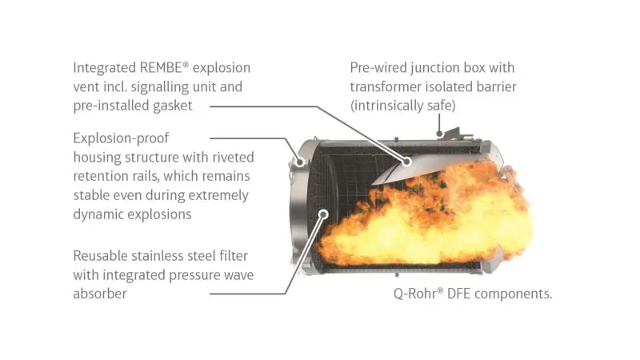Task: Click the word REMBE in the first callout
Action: (x=161, y=67)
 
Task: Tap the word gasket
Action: (x=172, y=106)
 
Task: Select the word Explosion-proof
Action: (x=121, y=138)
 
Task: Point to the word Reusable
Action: (x=98, y=256)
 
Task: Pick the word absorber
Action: (x=100, y=294)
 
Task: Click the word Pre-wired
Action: (x=378, y=68)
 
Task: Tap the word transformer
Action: (x=386, y=87)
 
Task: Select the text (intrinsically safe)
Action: (x=403, y=106)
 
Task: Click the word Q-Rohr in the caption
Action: (x=416, y=294)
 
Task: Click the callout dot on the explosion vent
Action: (x=406, y=162)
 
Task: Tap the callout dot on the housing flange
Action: (x=300, y=162)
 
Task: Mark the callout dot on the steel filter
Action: (x=324, y=214)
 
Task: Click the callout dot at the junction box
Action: (x=439, y=134)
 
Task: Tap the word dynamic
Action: (x=97, y=214)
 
